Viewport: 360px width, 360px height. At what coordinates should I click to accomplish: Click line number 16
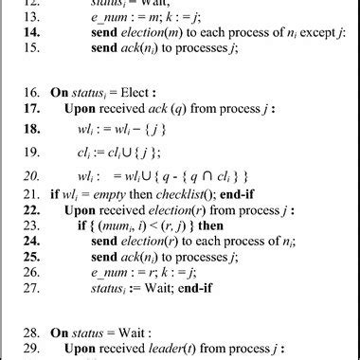30,91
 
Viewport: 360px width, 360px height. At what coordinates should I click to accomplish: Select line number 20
30,175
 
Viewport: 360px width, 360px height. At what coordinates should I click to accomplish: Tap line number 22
30,225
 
